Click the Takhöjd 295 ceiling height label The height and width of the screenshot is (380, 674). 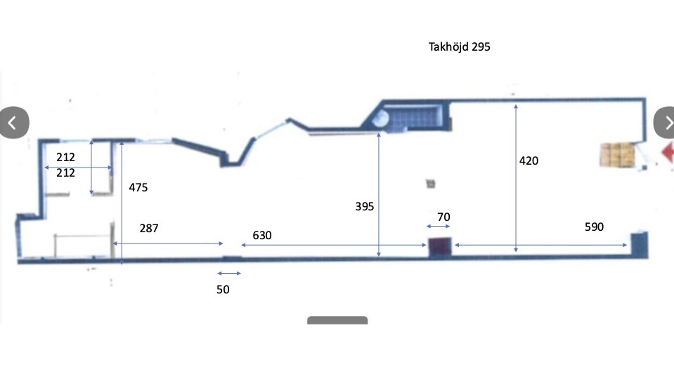pos(459,47)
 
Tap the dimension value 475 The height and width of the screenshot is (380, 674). pos(138,188)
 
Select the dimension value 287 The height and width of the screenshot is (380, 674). pos(149,228)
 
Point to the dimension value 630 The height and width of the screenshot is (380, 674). pos(261,236)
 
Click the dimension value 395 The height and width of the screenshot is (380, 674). pos(365,207)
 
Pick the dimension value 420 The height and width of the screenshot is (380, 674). pos(529,161)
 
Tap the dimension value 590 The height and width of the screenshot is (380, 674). pos(594,227)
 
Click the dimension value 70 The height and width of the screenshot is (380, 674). pos(443,217)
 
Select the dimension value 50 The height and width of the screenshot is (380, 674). pos(223,290)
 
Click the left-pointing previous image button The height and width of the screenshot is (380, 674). pos(14,122)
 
